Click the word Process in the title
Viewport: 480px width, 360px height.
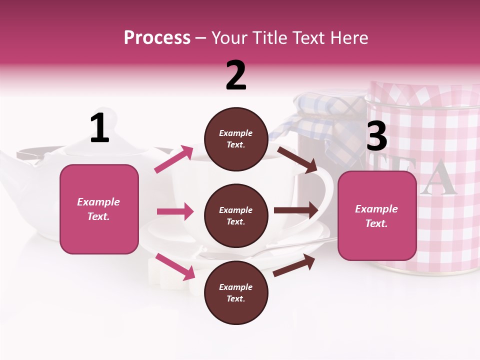(x=157, y=38)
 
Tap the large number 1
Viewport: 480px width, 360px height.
(x=99, y=129)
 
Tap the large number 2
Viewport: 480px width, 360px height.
(x=236, y=75)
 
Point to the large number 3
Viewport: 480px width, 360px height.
(x=376, y=136)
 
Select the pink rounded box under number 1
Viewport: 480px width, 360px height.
(x=99, y=209)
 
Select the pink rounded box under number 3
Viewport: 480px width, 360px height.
(x=377, y=215)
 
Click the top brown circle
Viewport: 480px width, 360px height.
(x=236, y=139)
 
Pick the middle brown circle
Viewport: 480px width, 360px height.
(x=236, y=215)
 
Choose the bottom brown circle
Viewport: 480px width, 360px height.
(x=236, y=292)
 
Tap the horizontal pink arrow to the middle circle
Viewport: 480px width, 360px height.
(x=175, y=211)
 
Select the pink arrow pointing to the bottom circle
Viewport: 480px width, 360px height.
(x=175, y=266)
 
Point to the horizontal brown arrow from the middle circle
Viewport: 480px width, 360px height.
(x=295, y=210)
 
